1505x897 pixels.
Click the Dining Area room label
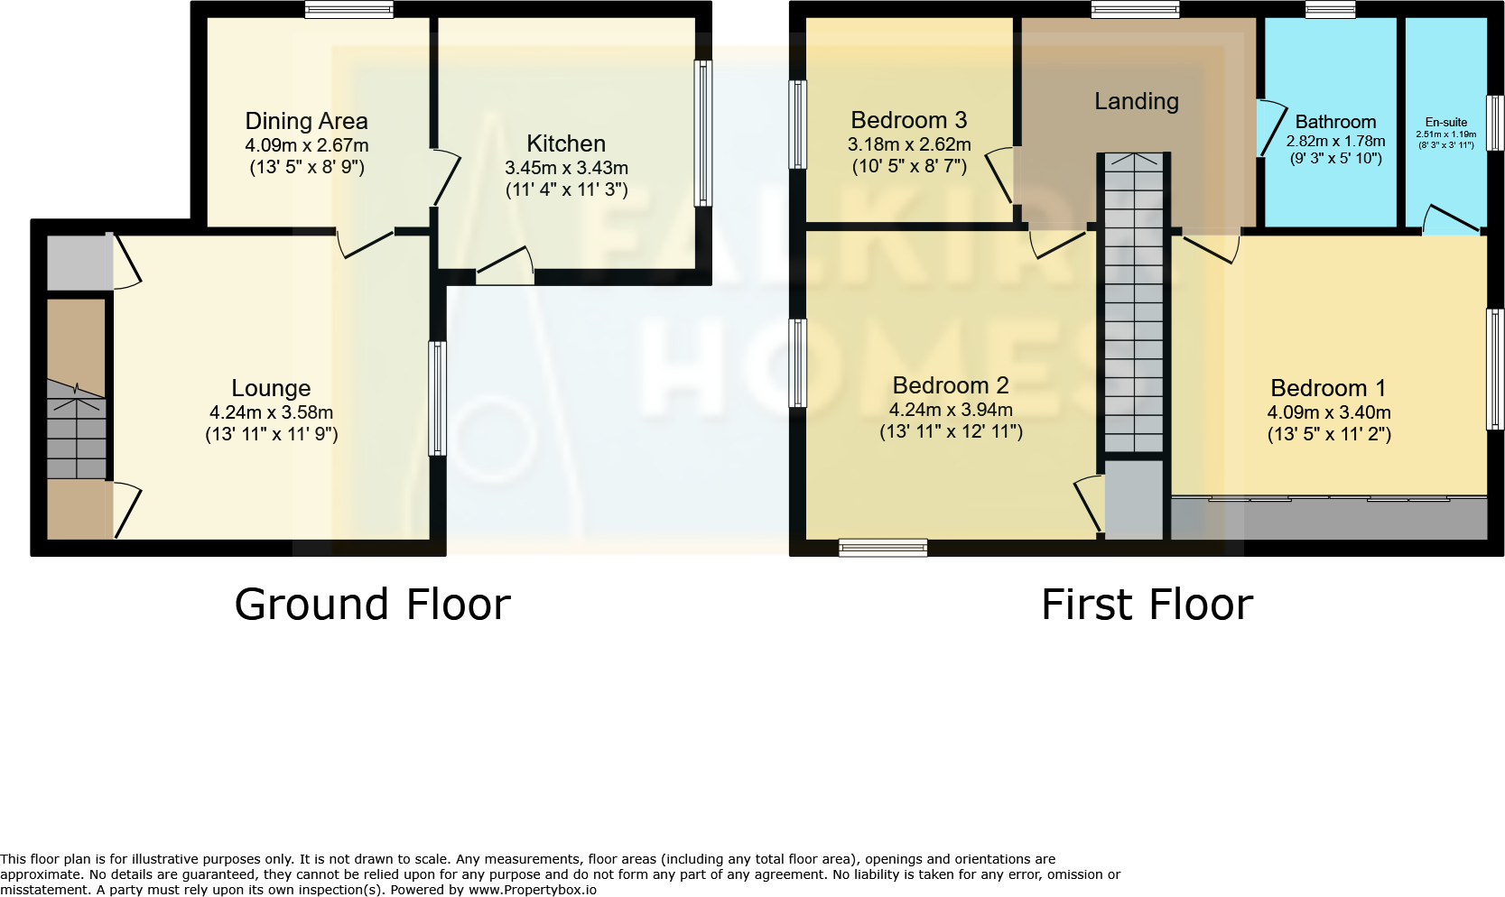[306, 121]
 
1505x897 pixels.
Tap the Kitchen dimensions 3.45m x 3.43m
[566, 168]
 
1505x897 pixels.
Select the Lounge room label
[271, 388]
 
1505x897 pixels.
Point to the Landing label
[1137, 101]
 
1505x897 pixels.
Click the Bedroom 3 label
[908, 120]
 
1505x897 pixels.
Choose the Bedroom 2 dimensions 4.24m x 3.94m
[951, 410]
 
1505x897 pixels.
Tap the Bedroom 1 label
[1328, 388]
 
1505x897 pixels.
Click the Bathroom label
[1335, 122]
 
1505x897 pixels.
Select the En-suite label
[1445, 122]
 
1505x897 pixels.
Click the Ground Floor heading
[372, 605]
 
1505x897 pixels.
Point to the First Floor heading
[1147, 605]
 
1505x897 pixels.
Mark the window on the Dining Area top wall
[348, 10]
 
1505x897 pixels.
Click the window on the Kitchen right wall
[702, 133]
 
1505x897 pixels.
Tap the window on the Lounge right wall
[437, 397]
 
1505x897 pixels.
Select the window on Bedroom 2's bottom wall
[882, 547]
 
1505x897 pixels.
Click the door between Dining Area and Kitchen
[444, 177]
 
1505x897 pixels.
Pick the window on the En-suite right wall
[1495, 123]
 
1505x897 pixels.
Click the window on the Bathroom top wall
[1330, 10]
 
